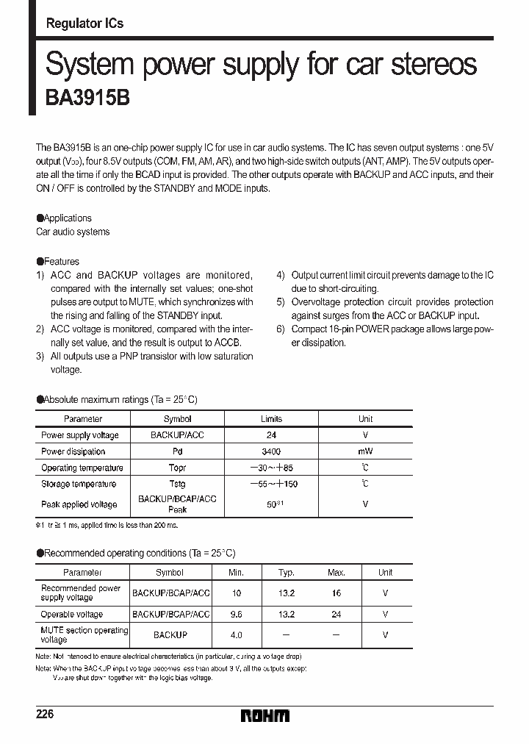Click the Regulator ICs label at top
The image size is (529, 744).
click(x=84, y=24)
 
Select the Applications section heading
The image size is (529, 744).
click(x=65, y=218)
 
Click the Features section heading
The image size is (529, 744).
click(x=58, y=261)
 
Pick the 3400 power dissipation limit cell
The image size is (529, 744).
click(x=271, y=452)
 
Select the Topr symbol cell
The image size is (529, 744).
click(x=177, y=468)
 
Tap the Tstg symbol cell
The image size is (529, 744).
click(x=177, y=484)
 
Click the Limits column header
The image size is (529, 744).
click(x=271, y=419)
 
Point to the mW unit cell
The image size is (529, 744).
click(x=365, y=452)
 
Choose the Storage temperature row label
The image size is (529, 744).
click(x=79, y=484)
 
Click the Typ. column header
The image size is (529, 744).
click(x=287, y=572)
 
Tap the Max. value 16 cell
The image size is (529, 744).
click(x=337, y=593)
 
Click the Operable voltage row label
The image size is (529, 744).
click(x=72, y=615)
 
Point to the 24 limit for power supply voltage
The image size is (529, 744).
click(x=271, y=435)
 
